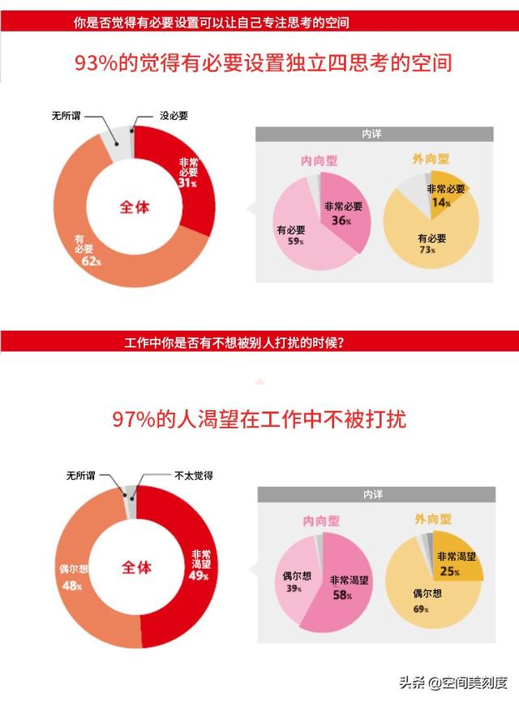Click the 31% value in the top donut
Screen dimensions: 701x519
tap(187, 183)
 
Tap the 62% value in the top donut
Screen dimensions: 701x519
tap(90, 261)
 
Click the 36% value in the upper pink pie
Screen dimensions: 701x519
tap(340, 220)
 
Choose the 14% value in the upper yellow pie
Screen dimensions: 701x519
tap(444, 203)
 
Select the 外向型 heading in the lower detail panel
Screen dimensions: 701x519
tap(432, 519)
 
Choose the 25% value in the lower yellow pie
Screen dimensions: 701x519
tap(451, 572)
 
